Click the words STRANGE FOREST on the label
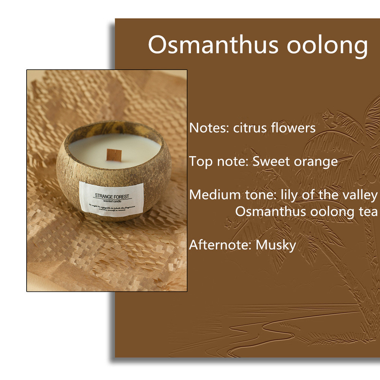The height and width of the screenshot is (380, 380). pyautogui.click(x=112, y=196)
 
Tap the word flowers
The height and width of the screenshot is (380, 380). pyautogui.click(x=293, y=128)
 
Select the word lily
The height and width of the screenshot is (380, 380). pyautogui.click(x=289, y=195)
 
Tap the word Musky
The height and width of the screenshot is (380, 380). pyautogui.click(x=276, y=245)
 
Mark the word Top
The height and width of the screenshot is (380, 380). pyautogui.click(x=201, y=161)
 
